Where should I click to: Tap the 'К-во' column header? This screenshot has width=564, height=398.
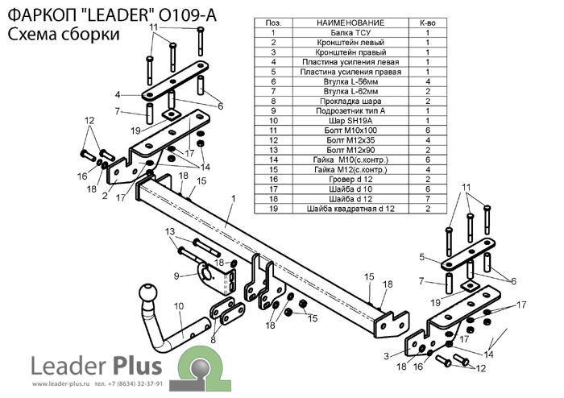[428, 23]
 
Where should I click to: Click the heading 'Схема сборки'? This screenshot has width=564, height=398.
[64, 34]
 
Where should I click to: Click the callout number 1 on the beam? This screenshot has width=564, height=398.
[232, 198]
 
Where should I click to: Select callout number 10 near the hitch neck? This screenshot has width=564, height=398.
[178, 306]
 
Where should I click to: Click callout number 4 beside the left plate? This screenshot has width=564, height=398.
[118, 94]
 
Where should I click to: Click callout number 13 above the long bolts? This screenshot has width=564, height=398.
[170, 232]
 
